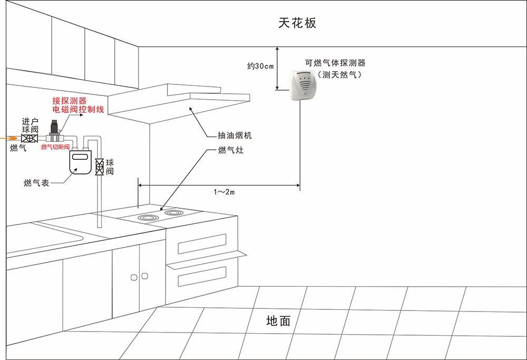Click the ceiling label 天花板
coord(298,23)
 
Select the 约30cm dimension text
coord(260,66)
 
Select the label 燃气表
coord(36,183)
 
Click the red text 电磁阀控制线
coord(79,110)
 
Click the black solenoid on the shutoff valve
coord(54,128)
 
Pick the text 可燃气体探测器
coord(335,63)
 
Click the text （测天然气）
coord(335,75)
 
